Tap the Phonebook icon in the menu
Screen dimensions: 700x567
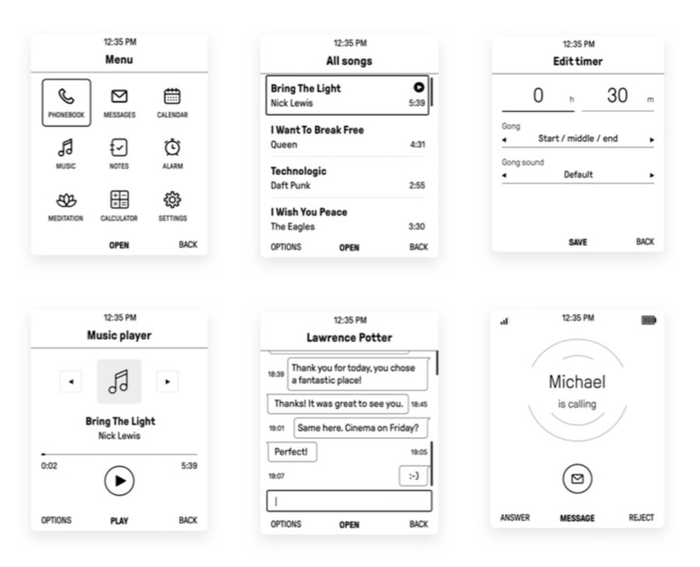coord(66,96)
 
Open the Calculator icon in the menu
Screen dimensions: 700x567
coord(119,199)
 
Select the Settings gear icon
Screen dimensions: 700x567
coord(172,199)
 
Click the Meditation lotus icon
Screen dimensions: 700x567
coord(66,200)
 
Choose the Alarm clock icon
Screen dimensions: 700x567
coord(172,147)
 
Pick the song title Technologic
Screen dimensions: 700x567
coord(299,171)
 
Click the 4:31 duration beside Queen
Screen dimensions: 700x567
coord(417,144)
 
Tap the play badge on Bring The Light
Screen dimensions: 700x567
coord(418,87)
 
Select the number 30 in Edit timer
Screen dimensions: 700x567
coord(617,95)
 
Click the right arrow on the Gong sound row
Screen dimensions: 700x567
coord(652,175)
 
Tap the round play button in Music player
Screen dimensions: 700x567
coord(120,481)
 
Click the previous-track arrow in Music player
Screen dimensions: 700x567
coord(71,381)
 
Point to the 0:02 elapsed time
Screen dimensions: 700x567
coord(49,466)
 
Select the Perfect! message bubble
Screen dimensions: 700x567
coord(292,452)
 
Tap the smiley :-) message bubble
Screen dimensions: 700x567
coord(414,475)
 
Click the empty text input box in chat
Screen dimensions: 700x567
coord(349,501)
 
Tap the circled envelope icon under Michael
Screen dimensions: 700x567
coord(577,478)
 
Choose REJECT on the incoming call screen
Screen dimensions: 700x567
coord(641,517)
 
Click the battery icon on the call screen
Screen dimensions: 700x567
coord(649,320)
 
